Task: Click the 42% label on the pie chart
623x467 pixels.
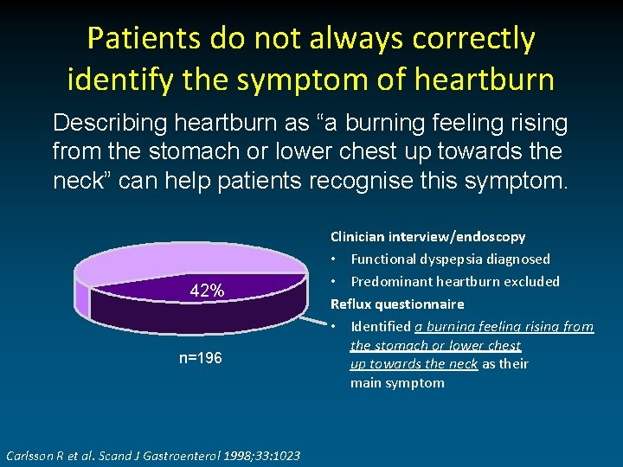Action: (208, 291)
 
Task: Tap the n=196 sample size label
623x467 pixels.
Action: (201, 357)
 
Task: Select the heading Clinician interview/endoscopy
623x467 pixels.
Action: (427, 236)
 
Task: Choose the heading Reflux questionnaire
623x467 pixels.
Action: (397, 304)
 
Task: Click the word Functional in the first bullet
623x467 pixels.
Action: (382, 259)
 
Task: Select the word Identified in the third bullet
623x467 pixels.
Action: (381, 326)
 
